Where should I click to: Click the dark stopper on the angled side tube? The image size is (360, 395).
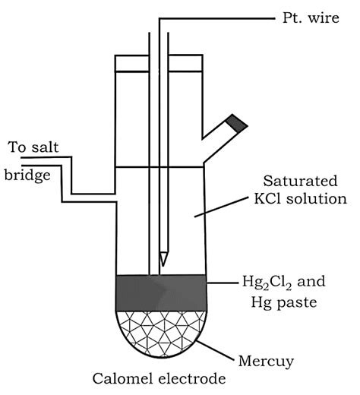pos(238,122)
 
